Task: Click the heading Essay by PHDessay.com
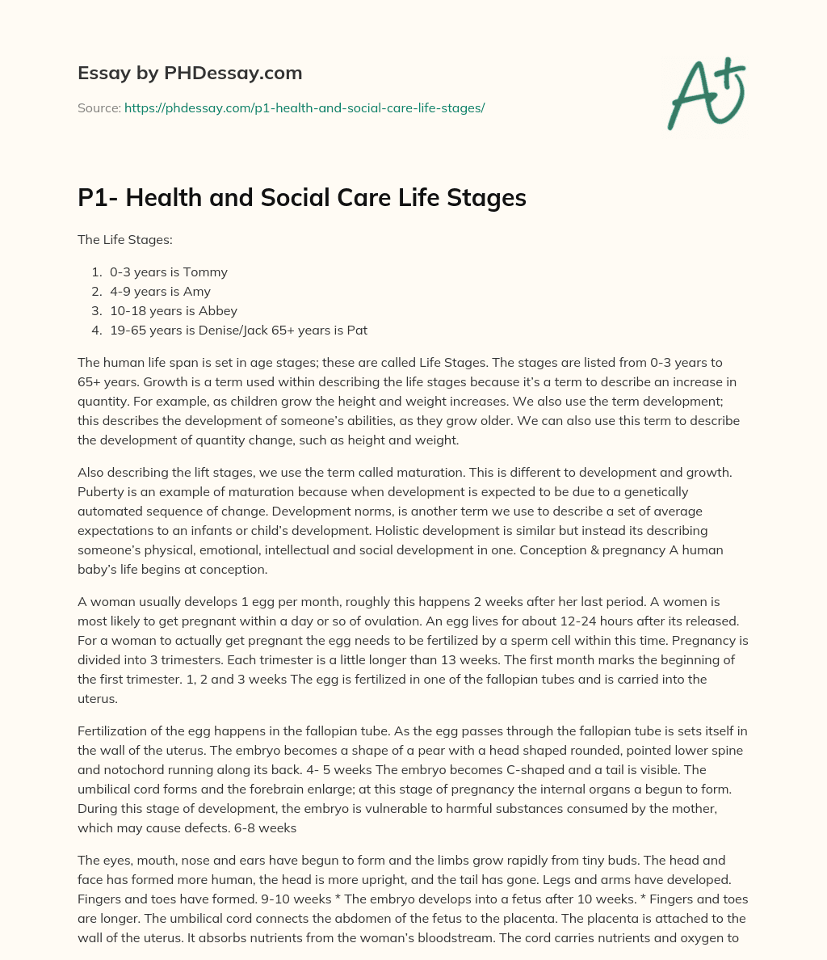(190, 74)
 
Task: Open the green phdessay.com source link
(304, 107)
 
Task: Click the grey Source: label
(99, 107)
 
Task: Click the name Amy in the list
(197, 291)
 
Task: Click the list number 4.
(96, 330)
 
